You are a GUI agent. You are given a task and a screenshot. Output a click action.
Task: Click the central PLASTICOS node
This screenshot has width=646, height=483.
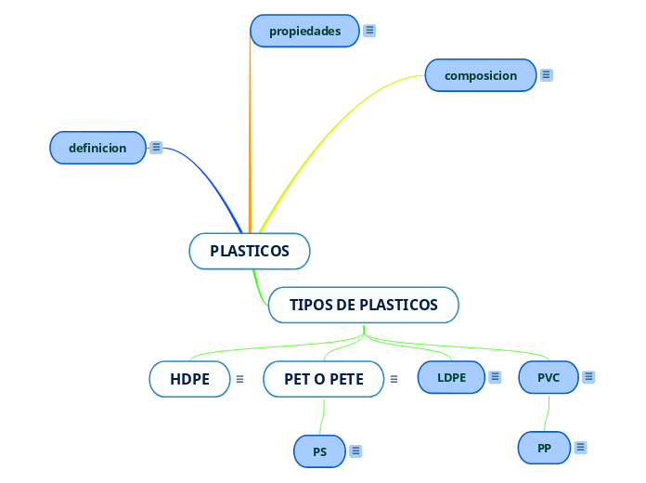(249, 251)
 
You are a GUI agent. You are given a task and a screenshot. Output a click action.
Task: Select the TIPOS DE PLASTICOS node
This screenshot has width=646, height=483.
(363, 305)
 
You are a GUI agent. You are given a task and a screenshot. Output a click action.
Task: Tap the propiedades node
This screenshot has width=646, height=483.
(304, 31)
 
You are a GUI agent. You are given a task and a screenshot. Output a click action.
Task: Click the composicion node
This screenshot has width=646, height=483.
(480, 75)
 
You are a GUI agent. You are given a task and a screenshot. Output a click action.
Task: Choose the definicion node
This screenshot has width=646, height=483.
(97, 148)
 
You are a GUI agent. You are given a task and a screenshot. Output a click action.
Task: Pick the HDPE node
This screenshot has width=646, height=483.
(189, 379)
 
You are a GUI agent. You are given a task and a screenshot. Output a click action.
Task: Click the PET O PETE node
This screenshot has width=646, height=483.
(323, 379)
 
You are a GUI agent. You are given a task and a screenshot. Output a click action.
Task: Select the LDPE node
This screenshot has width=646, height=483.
(451, 377)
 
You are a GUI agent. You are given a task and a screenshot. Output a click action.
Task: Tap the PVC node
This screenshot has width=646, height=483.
(548, 377)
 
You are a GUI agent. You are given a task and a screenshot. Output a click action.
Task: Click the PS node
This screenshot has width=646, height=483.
(319, 451)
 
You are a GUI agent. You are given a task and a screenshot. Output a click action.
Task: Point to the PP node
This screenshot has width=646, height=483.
(544, 448)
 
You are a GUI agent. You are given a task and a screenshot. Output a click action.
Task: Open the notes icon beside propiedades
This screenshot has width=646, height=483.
(369, 31)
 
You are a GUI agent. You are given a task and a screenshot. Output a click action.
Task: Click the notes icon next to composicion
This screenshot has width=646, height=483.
(547, 75)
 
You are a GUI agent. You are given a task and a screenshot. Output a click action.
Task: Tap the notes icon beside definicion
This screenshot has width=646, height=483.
(156, 147)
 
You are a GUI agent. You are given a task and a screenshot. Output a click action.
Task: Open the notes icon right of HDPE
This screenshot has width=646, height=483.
(239, 379)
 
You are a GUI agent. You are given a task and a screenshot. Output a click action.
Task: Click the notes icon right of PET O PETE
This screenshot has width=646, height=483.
(394, 379)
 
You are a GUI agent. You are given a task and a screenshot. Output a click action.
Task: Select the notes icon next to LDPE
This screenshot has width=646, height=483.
(495, 377)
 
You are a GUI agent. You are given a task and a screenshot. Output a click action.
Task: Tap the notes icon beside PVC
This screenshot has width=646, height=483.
(588, 377)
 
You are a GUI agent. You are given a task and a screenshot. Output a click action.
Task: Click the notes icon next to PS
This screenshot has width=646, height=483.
(355, 451)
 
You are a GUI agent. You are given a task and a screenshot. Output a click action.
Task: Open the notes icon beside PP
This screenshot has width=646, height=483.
(580, 448)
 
